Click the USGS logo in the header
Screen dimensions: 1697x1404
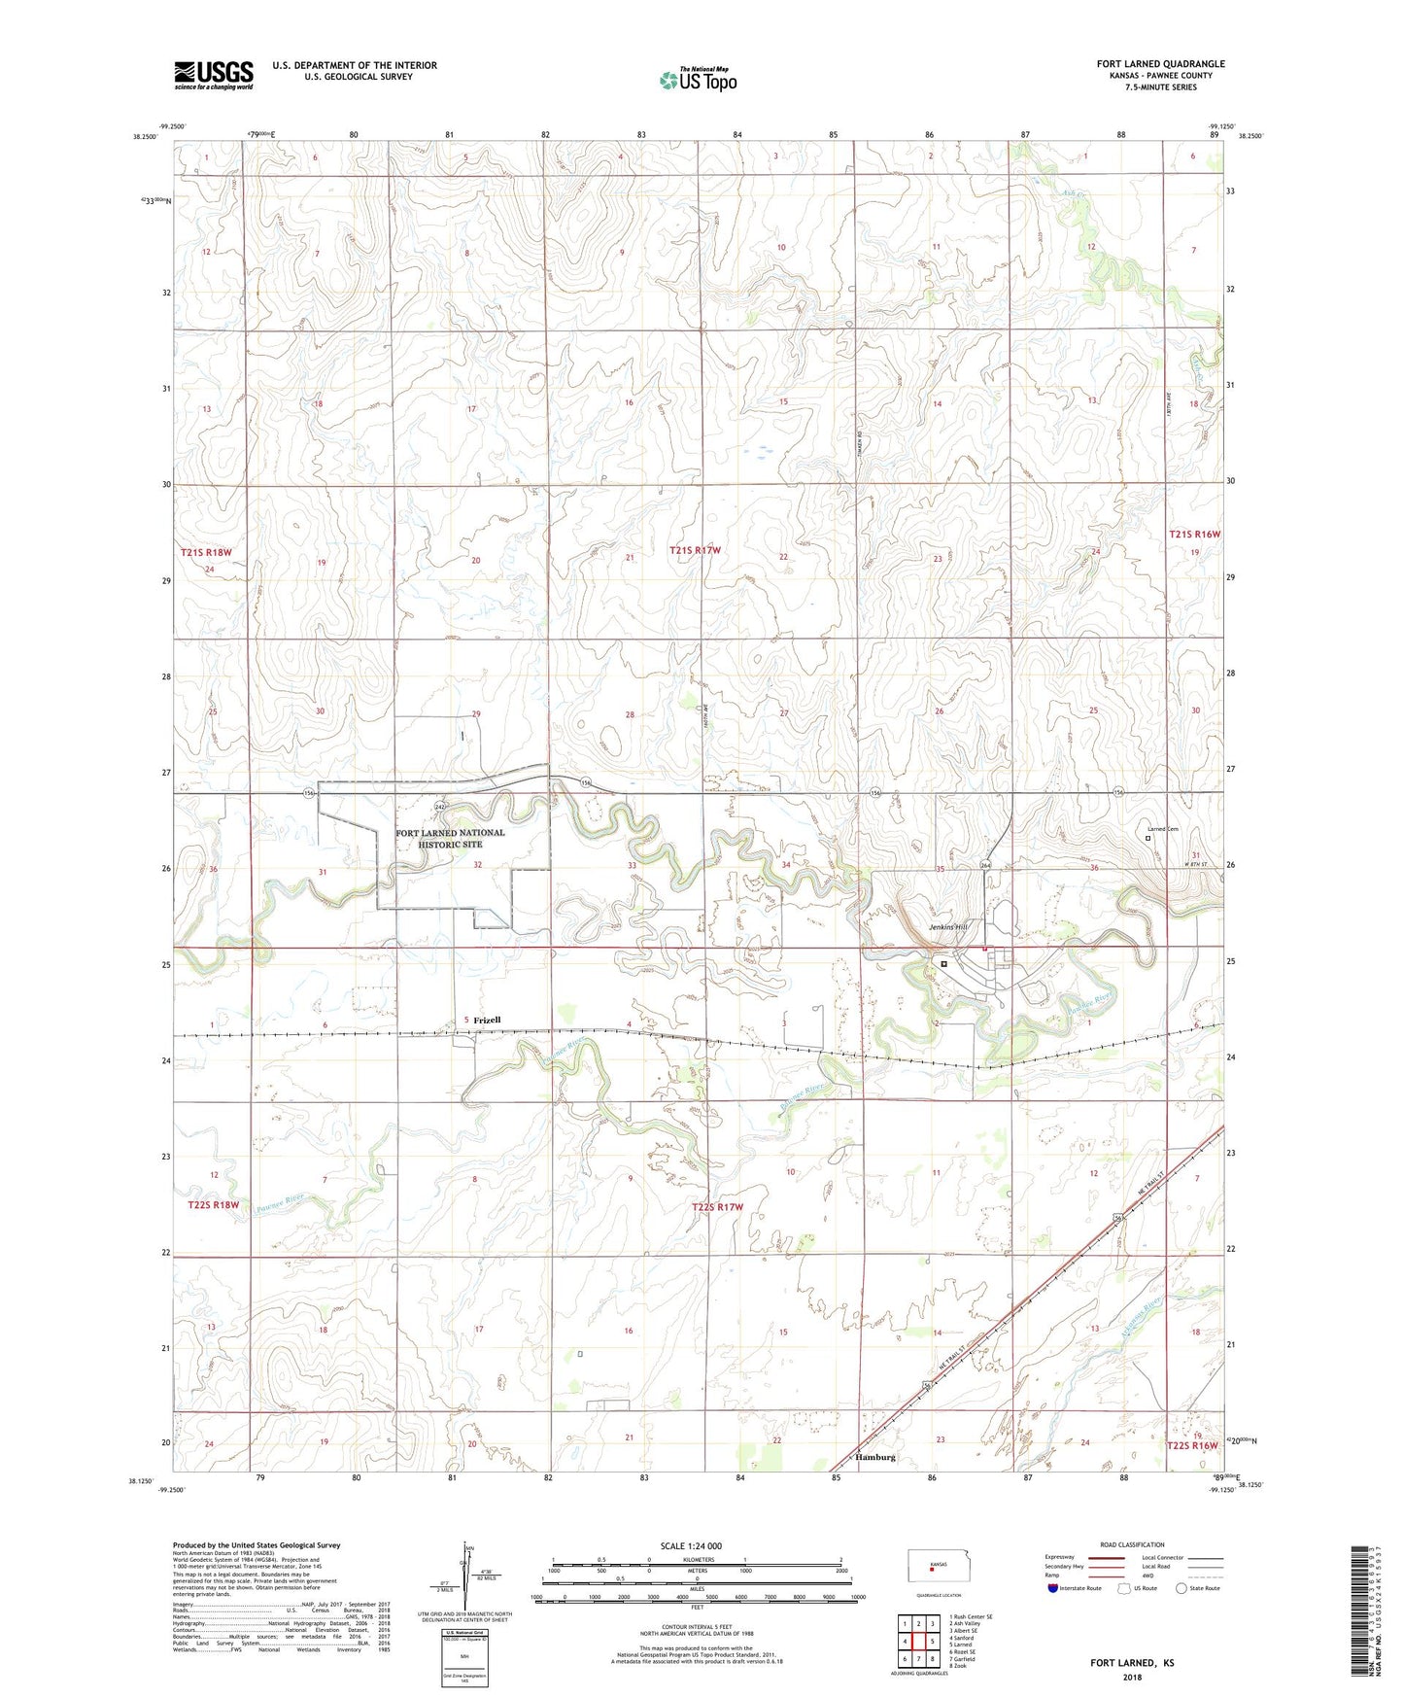coord(214,75)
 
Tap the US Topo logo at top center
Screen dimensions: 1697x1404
coord(697,80)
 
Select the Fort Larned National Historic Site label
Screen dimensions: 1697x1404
coord(450,839)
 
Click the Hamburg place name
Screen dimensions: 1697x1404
coord(875,1458)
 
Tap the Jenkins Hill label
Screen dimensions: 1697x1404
coord(947,927)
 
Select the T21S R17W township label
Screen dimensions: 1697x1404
coord(697,551)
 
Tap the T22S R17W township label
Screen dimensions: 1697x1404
coord(717,1207)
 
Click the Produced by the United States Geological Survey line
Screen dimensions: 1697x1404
coord(257,1544)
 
